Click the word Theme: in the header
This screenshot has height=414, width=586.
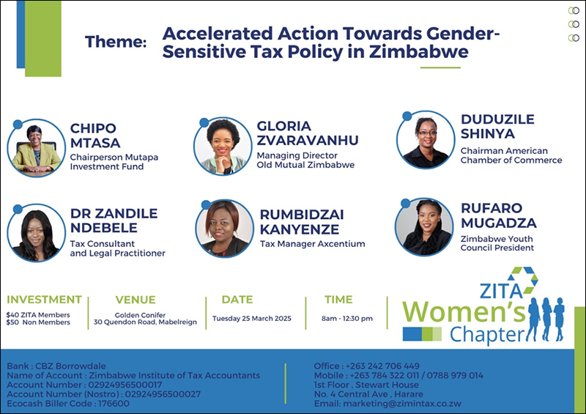(116, 42)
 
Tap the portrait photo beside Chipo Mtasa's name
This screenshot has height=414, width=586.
(36, 148)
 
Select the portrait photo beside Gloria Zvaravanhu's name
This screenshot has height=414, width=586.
(223, 147)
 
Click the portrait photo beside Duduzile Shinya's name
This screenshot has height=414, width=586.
(426, 139)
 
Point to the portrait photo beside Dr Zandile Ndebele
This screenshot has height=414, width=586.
(36, 232)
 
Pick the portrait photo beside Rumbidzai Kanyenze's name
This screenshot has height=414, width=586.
(225, 229)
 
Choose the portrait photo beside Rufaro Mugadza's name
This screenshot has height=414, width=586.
(424, 227)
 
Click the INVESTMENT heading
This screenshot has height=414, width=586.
(44, 300)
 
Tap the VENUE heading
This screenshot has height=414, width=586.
(136, 300)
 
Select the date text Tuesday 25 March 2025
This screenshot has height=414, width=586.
(252, 319)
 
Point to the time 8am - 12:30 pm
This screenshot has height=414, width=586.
(347, 319)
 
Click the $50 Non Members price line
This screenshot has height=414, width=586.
(38, 322)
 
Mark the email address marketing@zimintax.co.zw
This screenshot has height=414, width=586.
(387, 404)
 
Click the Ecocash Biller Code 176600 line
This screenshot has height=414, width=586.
(68, 404)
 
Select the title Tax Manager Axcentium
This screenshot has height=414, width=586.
(313, 244)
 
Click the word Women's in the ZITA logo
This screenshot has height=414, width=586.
(464, 311)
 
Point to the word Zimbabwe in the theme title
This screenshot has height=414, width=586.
(419, 51)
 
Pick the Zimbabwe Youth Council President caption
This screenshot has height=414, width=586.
(497, 243)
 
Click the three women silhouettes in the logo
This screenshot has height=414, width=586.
(546, 319)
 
